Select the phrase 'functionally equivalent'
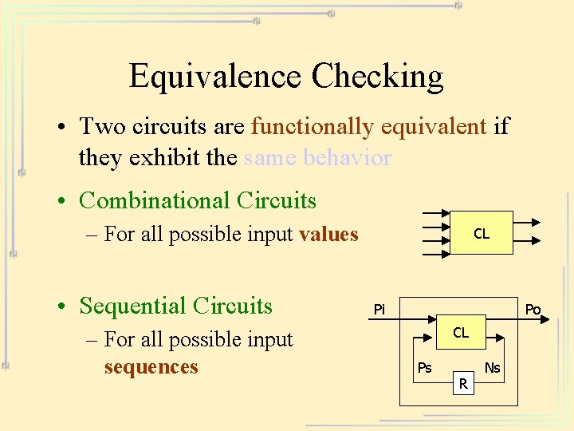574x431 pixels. point(368,127)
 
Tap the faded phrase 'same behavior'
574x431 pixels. point(317,158)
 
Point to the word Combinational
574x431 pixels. point(151,200)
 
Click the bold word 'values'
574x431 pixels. point(328,234)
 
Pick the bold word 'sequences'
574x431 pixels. point(151,367)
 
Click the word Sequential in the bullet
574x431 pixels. point(132,306)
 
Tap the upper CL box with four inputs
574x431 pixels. point(481,233)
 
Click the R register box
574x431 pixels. point(463,386)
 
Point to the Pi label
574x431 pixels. point(379,309)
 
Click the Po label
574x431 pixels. point(533,309)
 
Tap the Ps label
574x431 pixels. point(425,368)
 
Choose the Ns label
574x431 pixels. point(493,368)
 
